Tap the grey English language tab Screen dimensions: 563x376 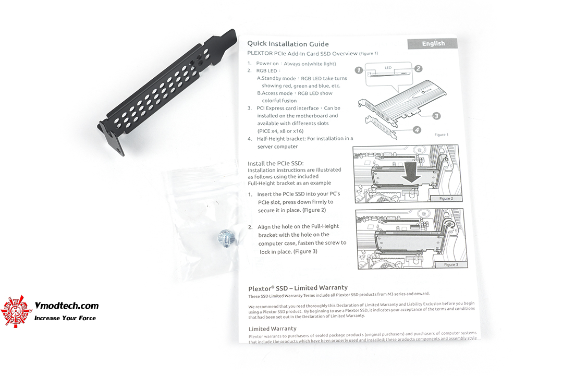tap(433, 43)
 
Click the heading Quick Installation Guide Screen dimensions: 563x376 tap(288, 44)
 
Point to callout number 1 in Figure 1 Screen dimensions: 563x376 tap(359, 70)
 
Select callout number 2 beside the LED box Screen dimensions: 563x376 tap(418, 69)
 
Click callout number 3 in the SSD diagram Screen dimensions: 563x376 tap(436, 116)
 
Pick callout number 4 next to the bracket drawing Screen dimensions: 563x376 tap(417, 130)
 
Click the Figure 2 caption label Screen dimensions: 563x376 tap(446, 198)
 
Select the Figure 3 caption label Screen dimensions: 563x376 tap(451, 265)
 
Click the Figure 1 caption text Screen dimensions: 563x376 tap(441, 135)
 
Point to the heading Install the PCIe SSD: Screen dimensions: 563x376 tap(275, 163)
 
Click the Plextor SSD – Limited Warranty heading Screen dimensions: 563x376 tap(298, 288)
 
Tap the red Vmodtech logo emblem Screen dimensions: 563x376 tap(15, 311)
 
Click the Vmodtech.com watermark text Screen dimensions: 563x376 tap(66, 306)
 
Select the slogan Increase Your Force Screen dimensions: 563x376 tap(65, 318)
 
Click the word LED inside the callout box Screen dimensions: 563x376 tap(388, 67)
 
